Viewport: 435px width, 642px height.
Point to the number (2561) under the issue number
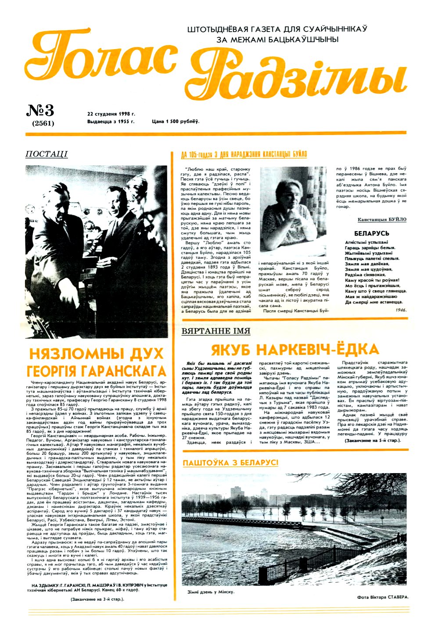[x=40, y=123]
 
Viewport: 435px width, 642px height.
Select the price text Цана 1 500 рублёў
[x=175, y=121]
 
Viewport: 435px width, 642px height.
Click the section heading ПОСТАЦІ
[x=47, y=154]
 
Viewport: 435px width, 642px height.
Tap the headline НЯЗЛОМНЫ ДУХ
[x=96, y=353]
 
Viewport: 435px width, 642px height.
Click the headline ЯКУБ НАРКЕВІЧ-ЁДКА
[x=295, y=350]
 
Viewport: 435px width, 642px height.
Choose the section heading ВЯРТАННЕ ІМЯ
[x=216, y=331]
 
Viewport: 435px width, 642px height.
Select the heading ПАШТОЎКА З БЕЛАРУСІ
[x=230, y=463]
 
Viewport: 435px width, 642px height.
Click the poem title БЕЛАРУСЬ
[x=372, y=233]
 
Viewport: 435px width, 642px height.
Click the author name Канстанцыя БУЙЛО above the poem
[x=381, y=219]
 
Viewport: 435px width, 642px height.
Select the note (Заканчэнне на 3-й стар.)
[x=97, y=599]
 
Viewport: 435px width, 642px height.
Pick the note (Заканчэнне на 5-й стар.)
[x=372, y=440]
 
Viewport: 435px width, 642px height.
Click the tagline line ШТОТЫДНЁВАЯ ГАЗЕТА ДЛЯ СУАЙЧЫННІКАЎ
[x=277, y=29]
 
